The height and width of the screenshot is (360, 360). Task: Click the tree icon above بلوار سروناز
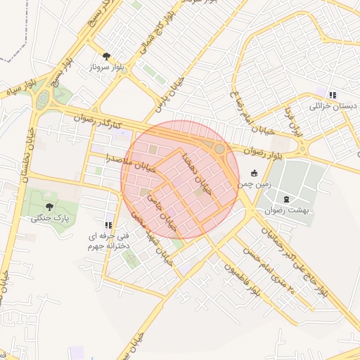tap(106, 56)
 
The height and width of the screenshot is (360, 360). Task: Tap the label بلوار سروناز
tap(106, 68)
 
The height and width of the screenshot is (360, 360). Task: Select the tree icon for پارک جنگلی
tap(49, 207)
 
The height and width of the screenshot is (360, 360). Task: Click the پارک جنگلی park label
tap(51, 219)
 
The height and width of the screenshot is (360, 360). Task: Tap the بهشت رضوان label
tap(286, 210)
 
